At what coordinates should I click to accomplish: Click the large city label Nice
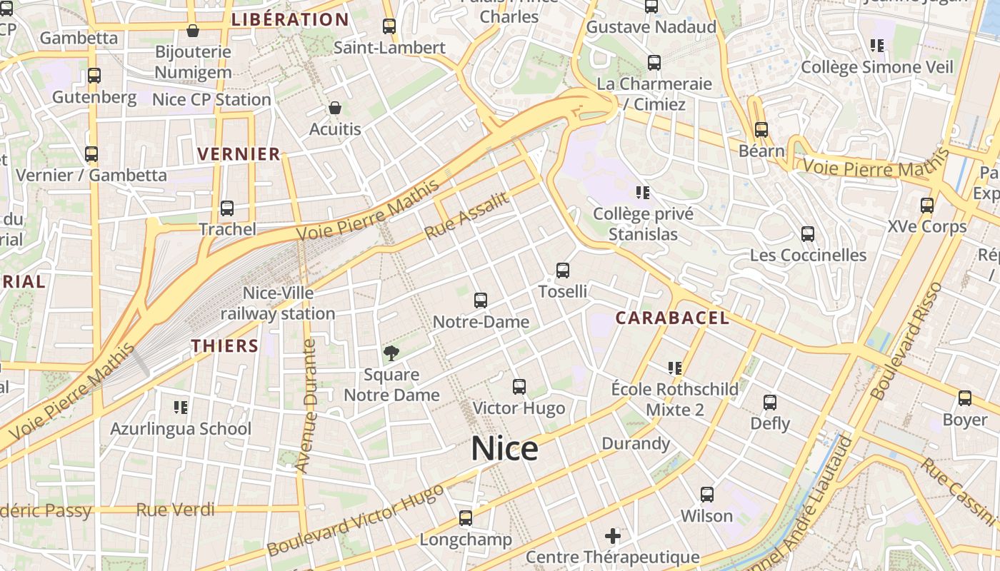pos(504,448)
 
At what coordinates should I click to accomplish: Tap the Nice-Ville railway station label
pos(278,303)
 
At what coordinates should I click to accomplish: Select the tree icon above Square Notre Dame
pos(391,353)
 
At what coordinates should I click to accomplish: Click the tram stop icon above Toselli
pos(563,271)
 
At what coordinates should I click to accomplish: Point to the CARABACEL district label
pos(672,318)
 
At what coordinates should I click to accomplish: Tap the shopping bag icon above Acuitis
pos(335,108)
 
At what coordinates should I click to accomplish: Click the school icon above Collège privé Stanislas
pos(642,192)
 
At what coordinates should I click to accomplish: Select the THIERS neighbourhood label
pos(224,346)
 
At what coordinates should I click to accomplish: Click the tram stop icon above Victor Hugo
pos(519,387)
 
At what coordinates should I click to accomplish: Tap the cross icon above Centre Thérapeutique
pos(613,535)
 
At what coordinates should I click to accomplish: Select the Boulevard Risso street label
pos(906,341)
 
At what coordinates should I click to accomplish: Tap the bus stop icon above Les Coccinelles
pos(808,234)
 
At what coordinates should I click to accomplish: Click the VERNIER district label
pos(239,154)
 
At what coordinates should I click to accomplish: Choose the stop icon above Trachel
pos(227,208)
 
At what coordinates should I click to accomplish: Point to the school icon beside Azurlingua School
pos(181,408)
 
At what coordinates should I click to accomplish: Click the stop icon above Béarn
pos(761,130)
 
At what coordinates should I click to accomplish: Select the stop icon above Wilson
pos(707,494)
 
